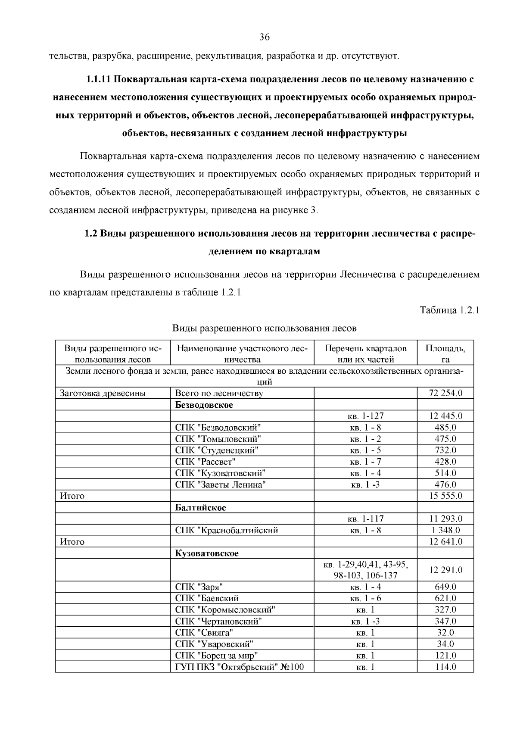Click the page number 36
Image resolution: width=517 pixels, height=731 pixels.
(x=264, y=37)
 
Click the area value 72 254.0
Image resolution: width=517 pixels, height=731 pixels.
(x=445, y=393)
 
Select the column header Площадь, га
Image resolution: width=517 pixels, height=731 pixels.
(x=445, y=353)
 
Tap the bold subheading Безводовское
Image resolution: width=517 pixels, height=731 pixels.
(x=204, y=405)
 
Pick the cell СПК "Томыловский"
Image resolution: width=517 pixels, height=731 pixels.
(x=218, y=439)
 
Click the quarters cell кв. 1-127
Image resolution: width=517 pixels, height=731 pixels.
(x=365, y=416)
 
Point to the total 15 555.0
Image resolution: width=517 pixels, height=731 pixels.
(x=445, y=496)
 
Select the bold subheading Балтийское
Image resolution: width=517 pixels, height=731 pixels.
(x=200, y=507)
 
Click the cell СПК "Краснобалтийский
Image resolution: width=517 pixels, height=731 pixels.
(x=226, y=530)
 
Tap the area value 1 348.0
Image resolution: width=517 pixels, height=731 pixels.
(x=445, y=530)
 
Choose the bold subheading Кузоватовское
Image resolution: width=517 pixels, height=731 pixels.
(x=206, y=553)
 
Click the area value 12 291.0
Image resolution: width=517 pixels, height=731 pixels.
(x=445, y=570)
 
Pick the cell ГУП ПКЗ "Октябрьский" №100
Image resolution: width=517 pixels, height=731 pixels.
(x=239, y=667)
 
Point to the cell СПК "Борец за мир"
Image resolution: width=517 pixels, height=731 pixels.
(x=216, y=656)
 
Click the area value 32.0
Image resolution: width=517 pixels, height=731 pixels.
(x=445, y=633)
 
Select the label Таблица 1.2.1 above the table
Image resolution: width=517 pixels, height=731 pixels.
(x=449, y=310)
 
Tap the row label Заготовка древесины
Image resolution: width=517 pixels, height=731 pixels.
(x=103, y=393)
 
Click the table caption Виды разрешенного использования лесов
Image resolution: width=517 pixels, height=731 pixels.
(x=264, y=328)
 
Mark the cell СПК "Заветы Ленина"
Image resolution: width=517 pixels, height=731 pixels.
(x=220, y=484)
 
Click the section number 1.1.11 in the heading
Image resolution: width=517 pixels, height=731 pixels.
(x=99, y=79)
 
